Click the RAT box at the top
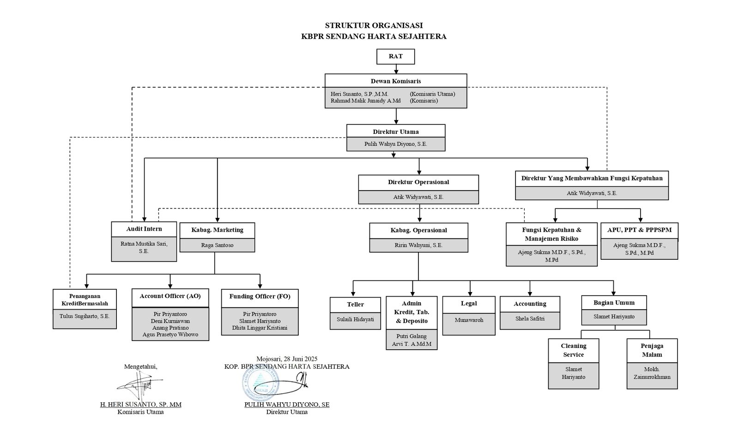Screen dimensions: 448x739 tap(395, 56)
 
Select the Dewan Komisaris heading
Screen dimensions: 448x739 tap(396, 81)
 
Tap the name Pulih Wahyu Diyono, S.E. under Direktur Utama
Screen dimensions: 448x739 tap(396, 144)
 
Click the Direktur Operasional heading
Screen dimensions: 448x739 tap(418, 182)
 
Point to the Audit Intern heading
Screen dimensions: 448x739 tap(144, 229)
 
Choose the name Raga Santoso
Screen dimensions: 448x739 tap(217, 245)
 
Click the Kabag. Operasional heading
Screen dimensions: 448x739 tap(418, 230)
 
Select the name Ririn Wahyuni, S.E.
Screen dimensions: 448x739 tap(418, 245)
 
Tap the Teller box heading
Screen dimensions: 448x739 tap(355, 305)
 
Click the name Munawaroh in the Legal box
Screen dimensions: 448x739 tap(469, 320)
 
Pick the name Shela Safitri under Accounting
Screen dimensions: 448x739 tap(530, 318)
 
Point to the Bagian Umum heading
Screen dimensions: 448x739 tap(614, 303)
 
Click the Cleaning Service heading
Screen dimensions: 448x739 tap(574, 350)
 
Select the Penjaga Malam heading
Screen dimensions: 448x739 tap(652, 350)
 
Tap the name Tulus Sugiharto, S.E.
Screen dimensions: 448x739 tap(85, 316)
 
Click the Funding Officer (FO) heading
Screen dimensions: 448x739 tap(260, 297)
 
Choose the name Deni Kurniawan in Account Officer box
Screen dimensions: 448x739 tap(170, 321)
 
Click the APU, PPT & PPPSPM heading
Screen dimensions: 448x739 tap(639, 230)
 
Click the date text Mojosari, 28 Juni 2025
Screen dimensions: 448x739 tap(287, 358)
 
